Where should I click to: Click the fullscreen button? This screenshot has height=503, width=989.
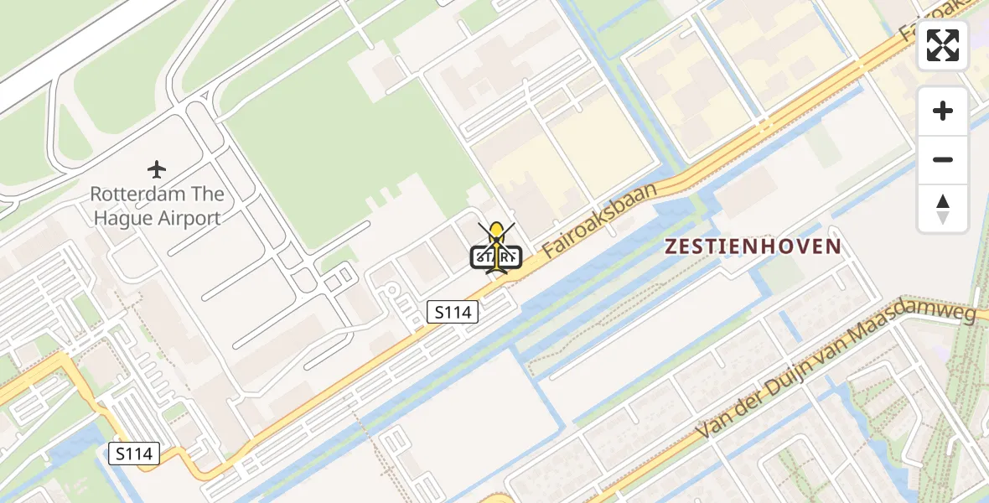coord(943,45)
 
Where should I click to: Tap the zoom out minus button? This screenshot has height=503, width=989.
coord(943,159)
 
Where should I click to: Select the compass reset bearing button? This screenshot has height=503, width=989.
coord(943,209)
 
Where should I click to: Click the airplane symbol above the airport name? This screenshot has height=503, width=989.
coord(157,169)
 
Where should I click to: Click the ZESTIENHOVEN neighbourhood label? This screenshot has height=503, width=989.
coord(752,246)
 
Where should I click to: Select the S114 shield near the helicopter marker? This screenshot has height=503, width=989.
coord(453,313)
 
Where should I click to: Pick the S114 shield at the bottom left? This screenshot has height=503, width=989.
coord(134,454)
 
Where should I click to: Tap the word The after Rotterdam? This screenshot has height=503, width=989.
coord(209,194)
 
